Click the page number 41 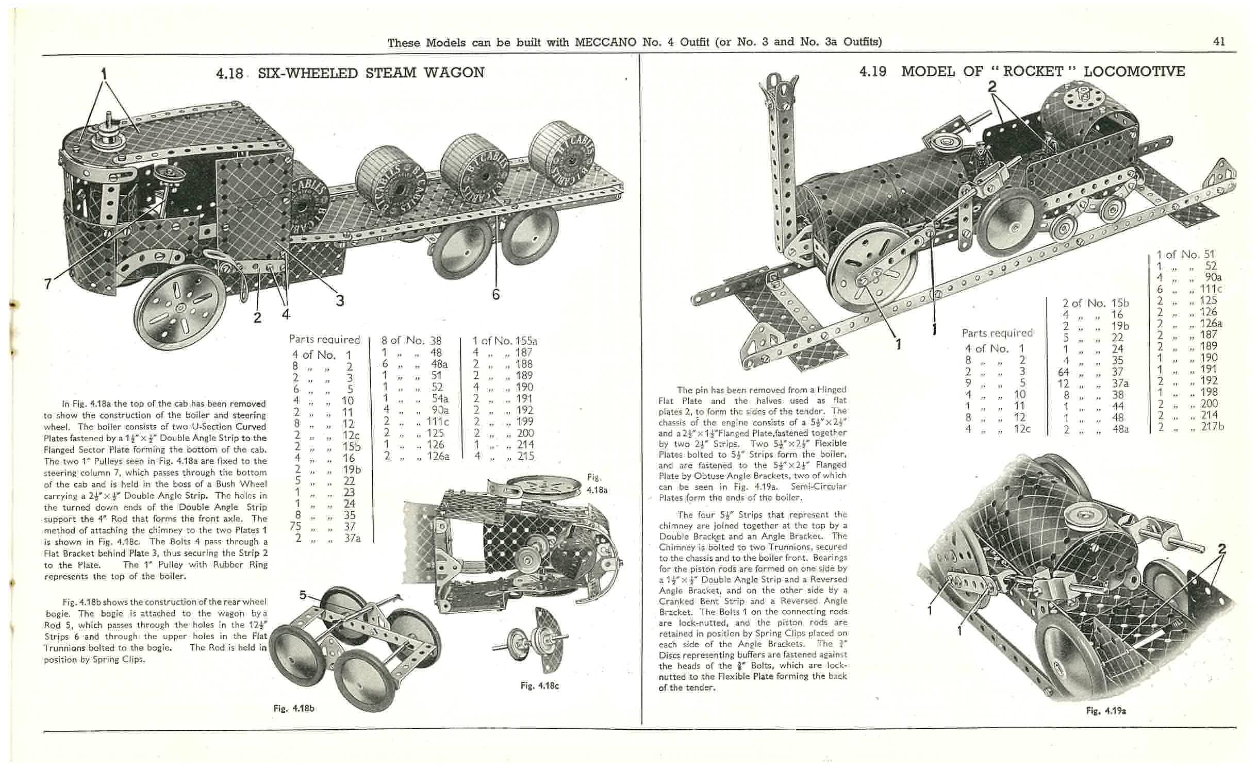pyautogui.click(x=1219, y=42)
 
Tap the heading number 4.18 pyautogui.click(x=229, y=73)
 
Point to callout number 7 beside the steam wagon pyautogui.click(x=48, y=283)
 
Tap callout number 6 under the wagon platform pyautogui.click(x=495, y=294)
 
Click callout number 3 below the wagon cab pyautogui.click(x=340, y=300)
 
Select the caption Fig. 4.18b pyautogui.click(x=294, y=708)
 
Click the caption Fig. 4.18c pyautogui.click(x=539, y=685)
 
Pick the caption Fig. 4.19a pyautogui.click(x=1106, y=710)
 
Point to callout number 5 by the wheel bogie pyautogui.click(x=303, y=595)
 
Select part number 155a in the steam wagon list pyautogui.click(x=526, y=341)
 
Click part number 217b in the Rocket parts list pyautogui.click(x=1213, y=426)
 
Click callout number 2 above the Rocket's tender pyautogui.click(x=992, y=87)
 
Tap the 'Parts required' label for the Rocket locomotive pyautogui.click(x=997, y=333)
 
